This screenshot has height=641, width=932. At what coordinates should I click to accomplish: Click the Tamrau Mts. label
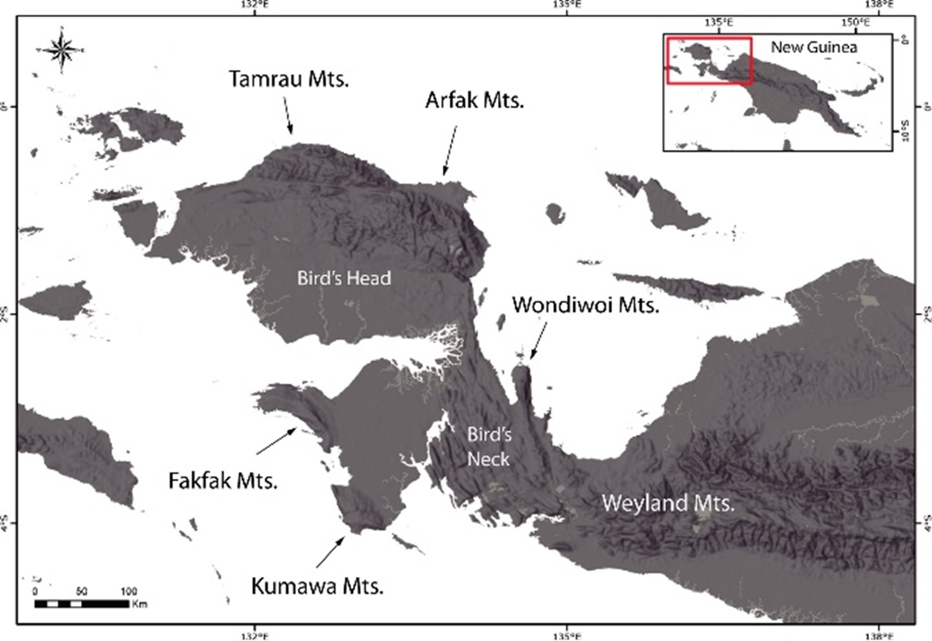289,79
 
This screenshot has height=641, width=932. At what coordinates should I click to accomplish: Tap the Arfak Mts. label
474,100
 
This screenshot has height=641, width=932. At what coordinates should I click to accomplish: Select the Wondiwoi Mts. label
585,305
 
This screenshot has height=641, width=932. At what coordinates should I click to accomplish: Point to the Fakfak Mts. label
223,481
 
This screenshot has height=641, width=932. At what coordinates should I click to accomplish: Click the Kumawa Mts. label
317,586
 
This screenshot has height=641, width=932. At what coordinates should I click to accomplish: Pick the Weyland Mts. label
668,503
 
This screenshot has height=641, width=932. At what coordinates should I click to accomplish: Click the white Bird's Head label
344,278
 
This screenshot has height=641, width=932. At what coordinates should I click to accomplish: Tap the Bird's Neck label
489,447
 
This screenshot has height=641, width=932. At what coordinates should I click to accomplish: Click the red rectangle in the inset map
709,60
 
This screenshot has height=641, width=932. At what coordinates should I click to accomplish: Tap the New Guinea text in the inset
814,47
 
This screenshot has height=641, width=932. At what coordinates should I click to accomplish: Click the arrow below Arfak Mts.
450,150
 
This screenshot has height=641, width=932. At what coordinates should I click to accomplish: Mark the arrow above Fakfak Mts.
276,441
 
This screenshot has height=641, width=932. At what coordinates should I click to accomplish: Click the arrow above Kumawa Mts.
330,552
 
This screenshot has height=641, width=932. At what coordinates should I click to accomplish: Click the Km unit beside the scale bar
139,604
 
